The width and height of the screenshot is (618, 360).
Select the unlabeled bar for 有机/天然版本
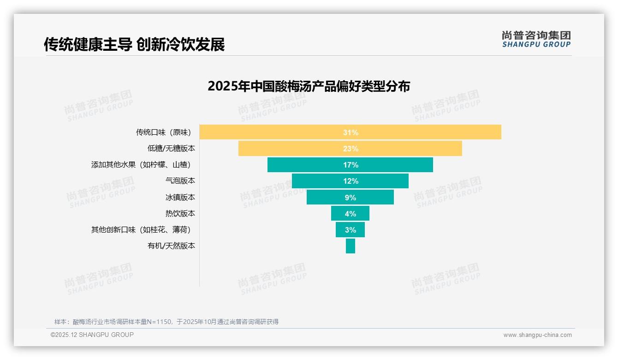click(x=351, y=246)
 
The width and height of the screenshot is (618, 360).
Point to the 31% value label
click(x=351, y=132)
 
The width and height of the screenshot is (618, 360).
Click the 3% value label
click(x=351, y=230)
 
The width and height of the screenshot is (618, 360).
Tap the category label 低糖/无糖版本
click(x=171, y=149)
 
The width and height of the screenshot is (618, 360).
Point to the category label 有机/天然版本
click(x=171, y=246)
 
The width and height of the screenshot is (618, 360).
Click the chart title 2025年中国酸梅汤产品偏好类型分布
click(x=309, y=86)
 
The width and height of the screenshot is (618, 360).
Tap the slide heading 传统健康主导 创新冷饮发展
click(x=134, y=45)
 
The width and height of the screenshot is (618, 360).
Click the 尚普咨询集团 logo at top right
click(x=536, y=39)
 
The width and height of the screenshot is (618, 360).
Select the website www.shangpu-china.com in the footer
click(x=537, y=335)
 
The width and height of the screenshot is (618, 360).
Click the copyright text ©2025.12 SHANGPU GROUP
click(x=92, y=335)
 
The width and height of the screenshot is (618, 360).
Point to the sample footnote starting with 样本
click(x=166, y=322)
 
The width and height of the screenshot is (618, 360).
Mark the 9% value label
click(x=351, y=198)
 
